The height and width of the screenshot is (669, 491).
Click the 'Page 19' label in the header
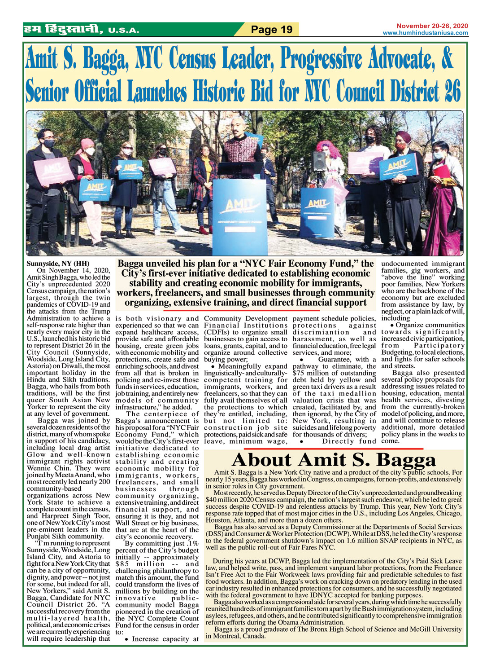pyautogui.click(x=271, y=30)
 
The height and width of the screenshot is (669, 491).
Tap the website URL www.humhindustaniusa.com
pyautogui.click(x=425, y=33)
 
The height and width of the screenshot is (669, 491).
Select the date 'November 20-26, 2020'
pyautogui.click(x=432, y=26)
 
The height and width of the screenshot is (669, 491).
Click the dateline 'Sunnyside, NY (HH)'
pyautogui.click(x=58, y=264)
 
